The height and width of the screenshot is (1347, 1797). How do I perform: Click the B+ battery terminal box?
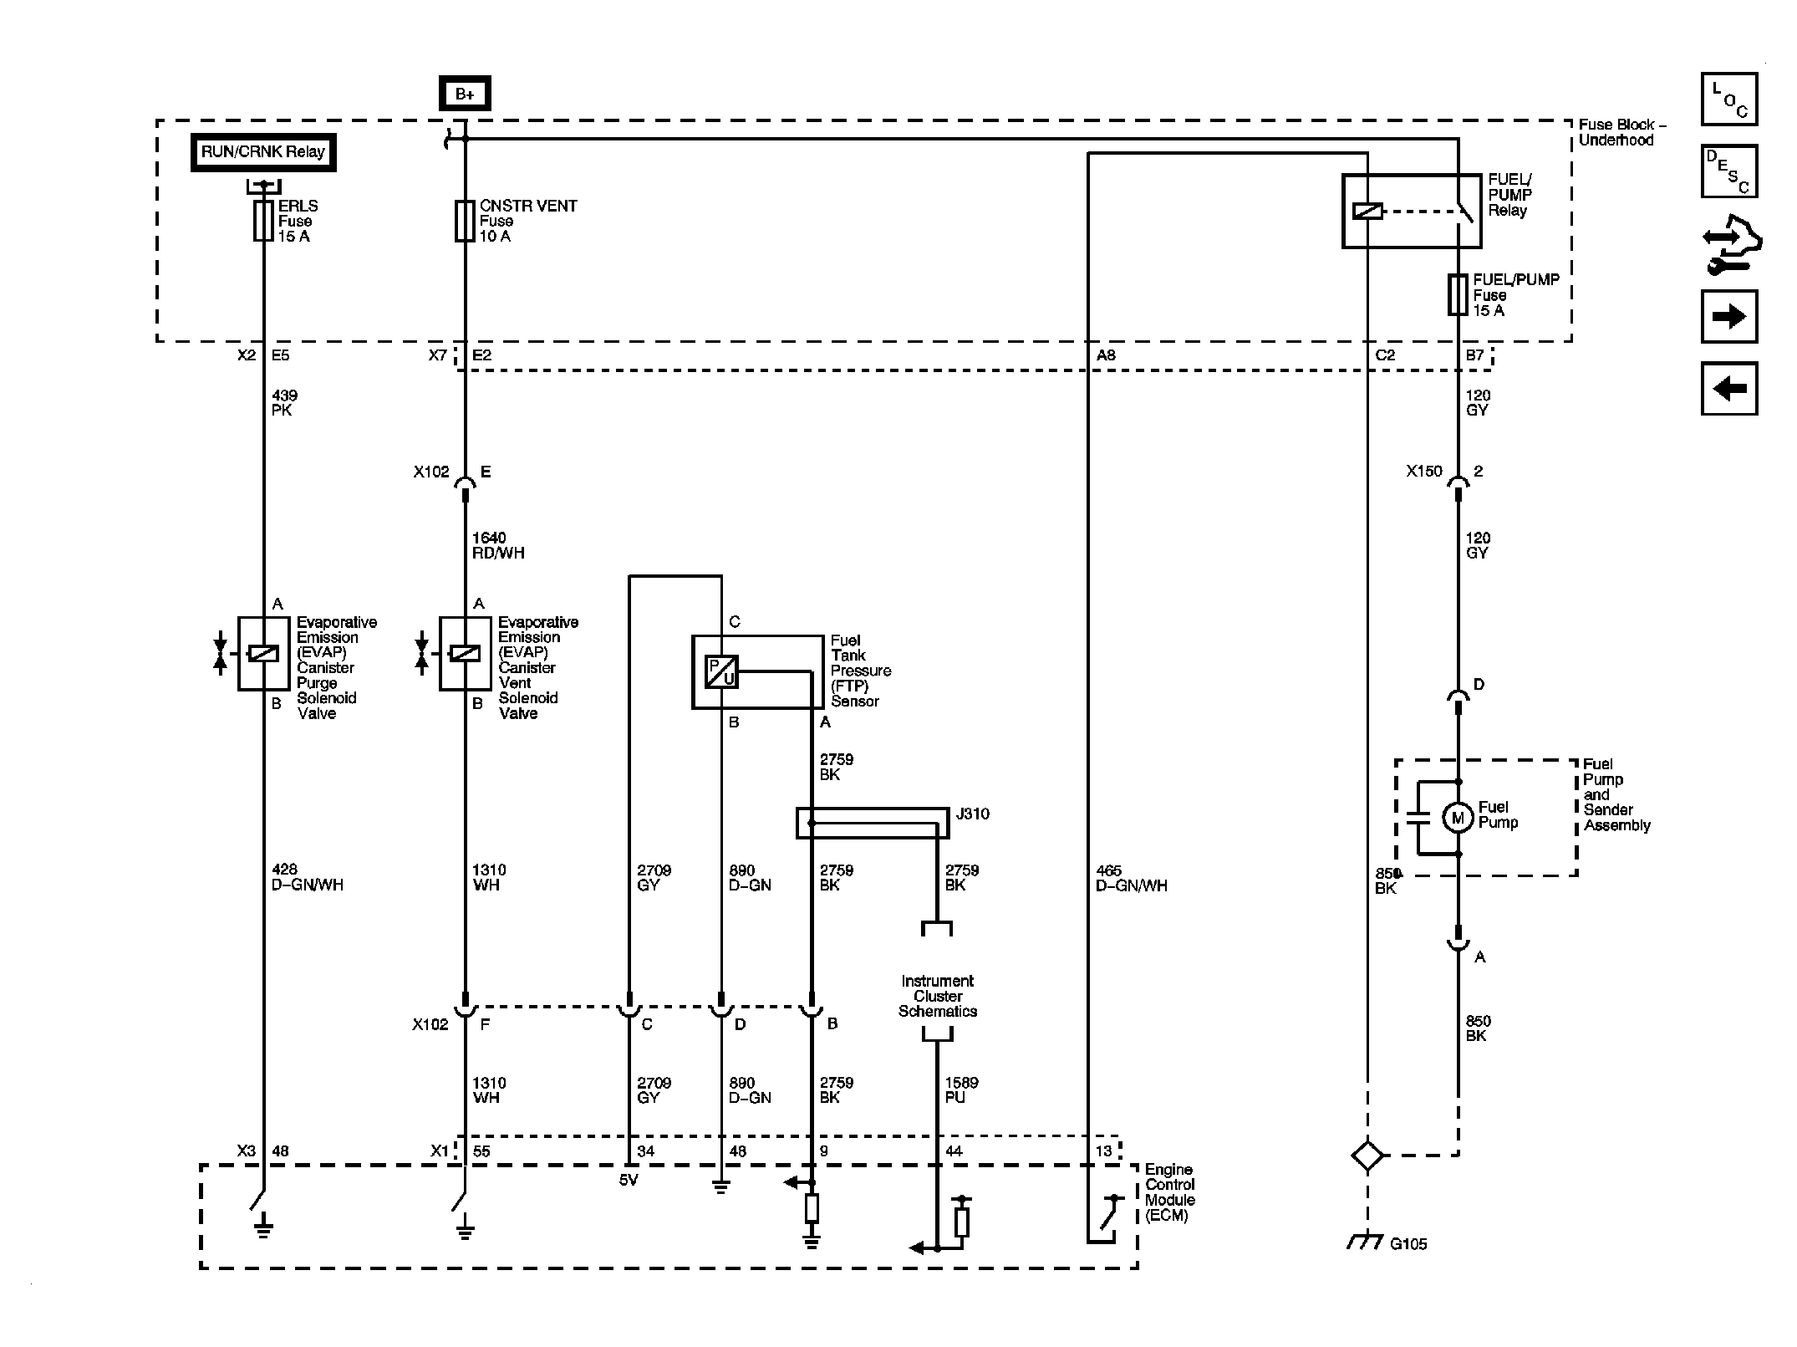pos(465,94)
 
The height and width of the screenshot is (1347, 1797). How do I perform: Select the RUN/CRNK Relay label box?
pos(263,152)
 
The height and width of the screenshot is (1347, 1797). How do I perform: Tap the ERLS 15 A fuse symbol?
pos(263,221)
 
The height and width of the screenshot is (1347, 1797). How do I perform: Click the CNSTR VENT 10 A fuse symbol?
pos(465,221)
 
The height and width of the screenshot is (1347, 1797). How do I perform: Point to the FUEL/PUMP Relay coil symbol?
pos(1367,212)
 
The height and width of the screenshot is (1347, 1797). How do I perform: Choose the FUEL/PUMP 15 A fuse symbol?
pos(1458,294)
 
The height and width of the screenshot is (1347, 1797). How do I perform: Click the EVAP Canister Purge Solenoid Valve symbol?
pos(263,654)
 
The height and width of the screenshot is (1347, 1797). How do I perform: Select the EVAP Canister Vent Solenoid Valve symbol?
pos(465,654)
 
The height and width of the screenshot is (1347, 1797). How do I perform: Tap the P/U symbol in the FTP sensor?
pos(721,671)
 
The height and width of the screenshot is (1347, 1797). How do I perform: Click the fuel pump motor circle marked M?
pos(1458,818)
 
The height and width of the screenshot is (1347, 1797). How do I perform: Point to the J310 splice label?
pos(972,814)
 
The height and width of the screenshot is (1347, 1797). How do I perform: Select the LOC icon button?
pos(1729,99)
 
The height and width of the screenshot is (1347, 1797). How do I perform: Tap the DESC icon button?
pos(1729,171)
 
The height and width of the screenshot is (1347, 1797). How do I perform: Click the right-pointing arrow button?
pos(1729,317)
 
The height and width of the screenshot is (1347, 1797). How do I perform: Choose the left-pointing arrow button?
pos(1729,389)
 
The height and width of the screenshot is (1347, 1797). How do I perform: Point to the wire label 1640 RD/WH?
pos(498,545)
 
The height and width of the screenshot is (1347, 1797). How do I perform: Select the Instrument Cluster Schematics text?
pos(937,996)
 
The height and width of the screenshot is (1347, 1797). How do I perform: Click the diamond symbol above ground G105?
pos(1367,1156)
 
